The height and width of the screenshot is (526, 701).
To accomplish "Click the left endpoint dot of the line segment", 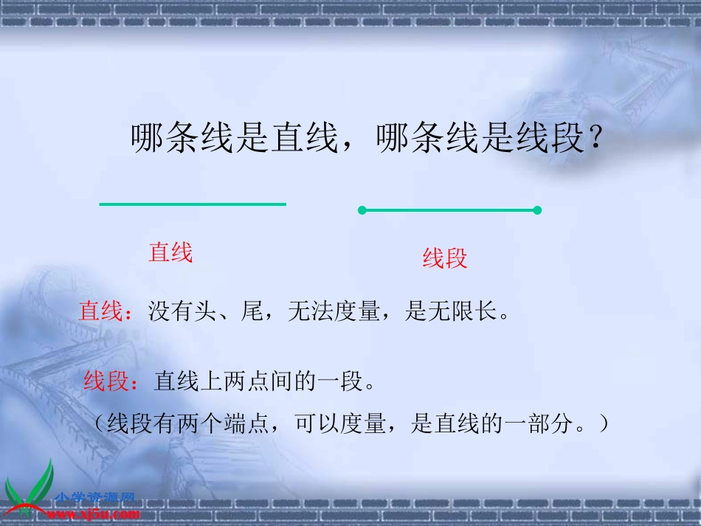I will (362, 210).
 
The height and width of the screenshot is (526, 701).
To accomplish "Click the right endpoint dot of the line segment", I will (537, 210).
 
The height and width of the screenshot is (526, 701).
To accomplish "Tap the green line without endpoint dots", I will (193, 204).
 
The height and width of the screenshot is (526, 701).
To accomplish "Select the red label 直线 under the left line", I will (170, 253).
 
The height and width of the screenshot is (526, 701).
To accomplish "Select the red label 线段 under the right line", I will (445, 258).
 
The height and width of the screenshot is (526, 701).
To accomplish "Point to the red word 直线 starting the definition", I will (100, 311).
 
